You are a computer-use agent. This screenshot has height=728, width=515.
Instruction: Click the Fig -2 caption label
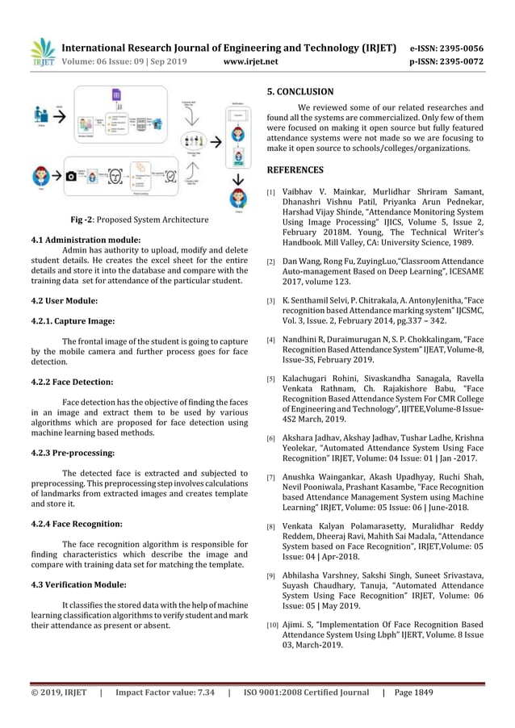click(85, 220)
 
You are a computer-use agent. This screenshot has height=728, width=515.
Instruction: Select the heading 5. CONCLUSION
click(299, 92)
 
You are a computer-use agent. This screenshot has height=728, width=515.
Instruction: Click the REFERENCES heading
click(295, 170)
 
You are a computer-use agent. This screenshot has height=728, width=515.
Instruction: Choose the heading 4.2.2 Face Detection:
click(72, 381)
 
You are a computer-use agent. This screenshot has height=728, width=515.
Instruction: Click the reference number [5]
click(270, 379)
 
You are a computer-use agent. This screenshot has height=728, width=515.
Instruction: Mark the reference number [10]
click(272, 625)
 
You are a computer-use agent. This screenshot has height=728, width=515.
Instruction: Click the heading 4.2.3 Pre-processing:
click(72, 453)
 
